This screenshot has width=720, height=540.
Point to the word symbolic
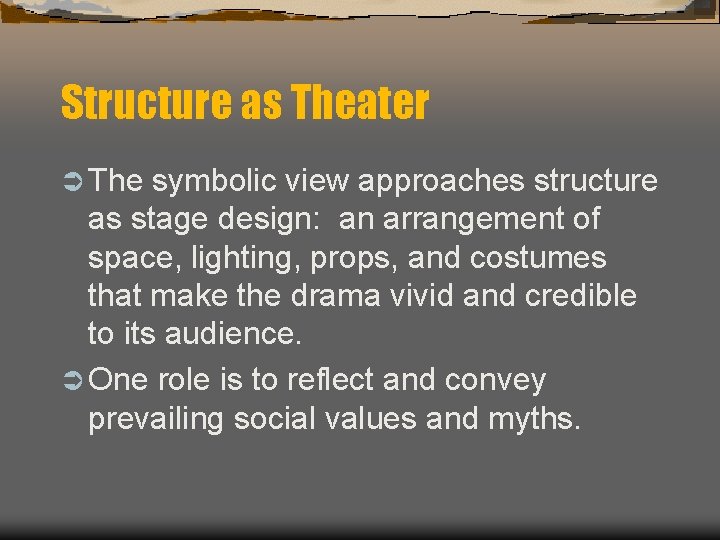pos(215,181)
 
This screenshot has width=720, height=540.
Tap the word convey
pos(496,380)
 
